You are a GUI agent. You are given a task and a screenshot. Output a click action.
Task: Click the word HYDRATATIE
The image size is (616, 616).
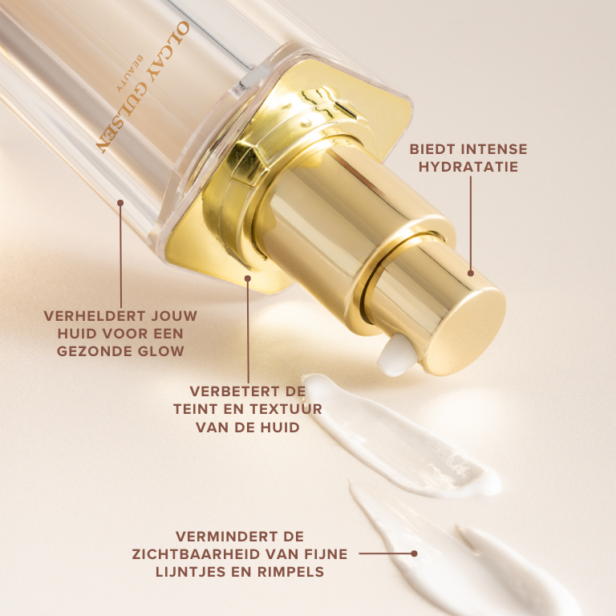(468, 167)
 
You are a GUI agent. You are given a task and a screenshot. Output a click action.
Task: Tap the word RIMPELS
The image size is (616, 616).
(290, 572)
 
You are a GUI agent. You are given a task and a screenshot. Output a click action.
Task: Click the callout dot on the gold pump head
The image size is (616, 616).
(471, 273)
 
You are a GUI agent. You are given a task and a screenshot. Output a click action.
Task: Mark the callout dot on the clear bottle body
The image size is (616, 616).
(120, 203)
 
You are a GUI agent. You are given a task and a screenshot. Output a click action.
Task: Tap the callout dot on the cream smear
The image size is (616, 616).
(414, 553)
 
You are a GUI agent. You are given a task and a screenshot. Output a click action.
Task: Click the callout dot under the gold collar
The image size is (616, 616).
(248, 278)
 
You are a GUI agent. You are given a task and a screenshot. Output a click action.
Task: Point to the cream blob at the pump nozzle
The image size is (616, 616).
(395, 355)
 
